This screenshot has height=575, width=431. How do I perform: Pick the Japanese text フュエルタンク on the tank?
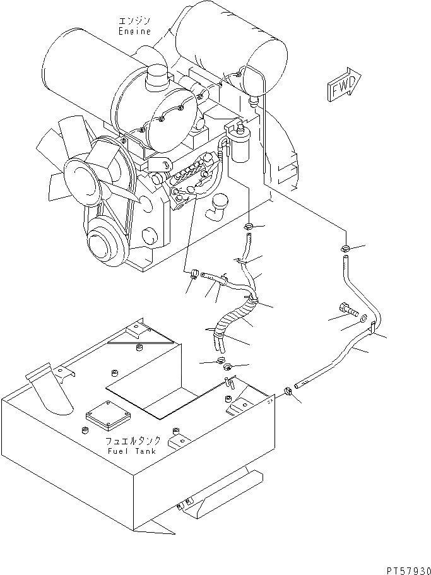[134, 441]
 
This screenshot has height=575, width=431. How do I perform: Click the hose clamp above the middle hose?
[250, 226]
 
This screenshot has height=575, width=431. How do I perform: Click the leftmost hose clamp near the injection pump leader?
[193, 274]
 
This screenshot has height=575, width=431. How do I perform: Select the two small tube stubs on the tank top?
[229, 382]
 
